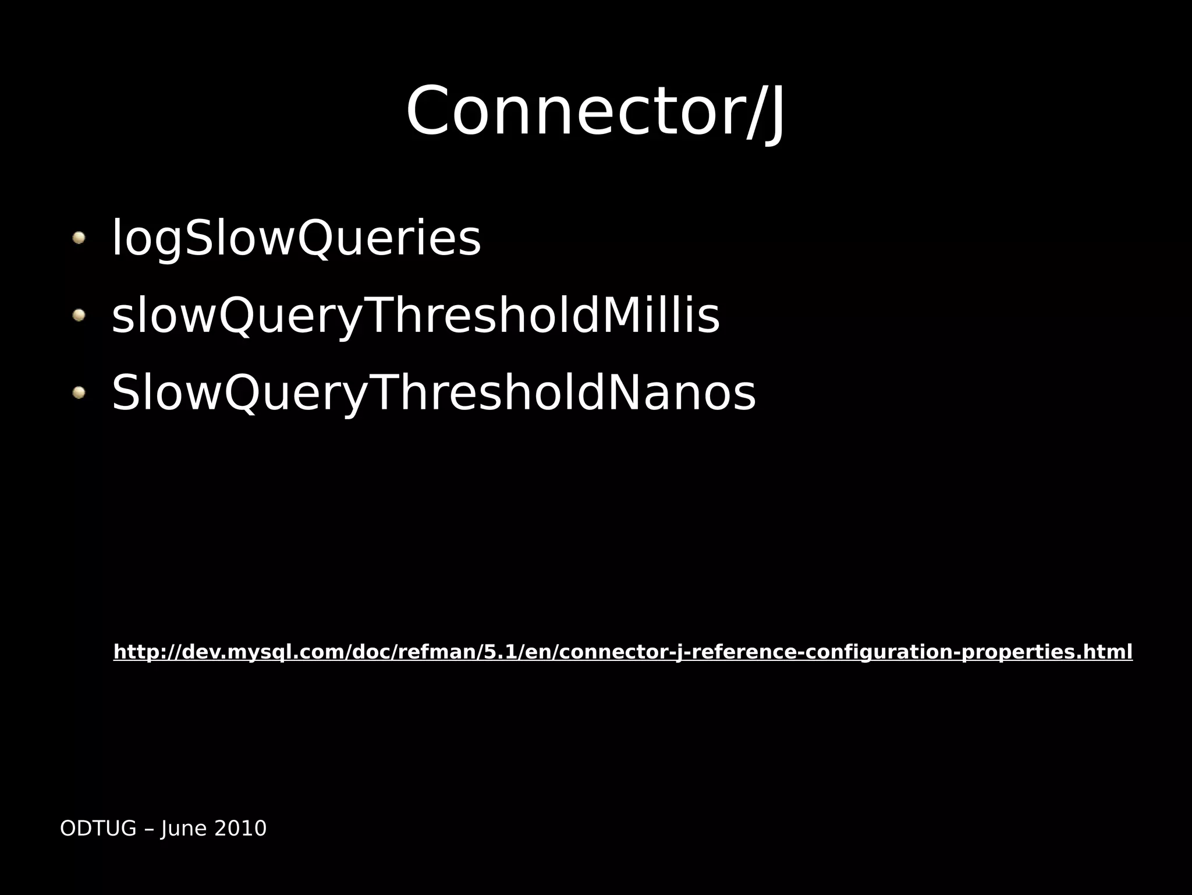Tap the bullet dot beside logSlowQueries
click(79, 238)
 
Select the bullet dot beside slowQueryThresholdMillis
click(79, 315)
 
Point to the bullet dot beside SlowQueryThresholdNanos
click(79, 392)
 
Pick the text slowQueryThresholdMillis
click(415, 316)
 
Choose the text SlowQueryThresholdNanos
click(433, 394)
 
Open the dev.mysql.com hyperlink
click(622, 652)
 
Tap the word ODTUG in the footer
click(98, 828)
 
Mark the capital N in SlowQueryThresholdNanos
click(627, 394)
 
